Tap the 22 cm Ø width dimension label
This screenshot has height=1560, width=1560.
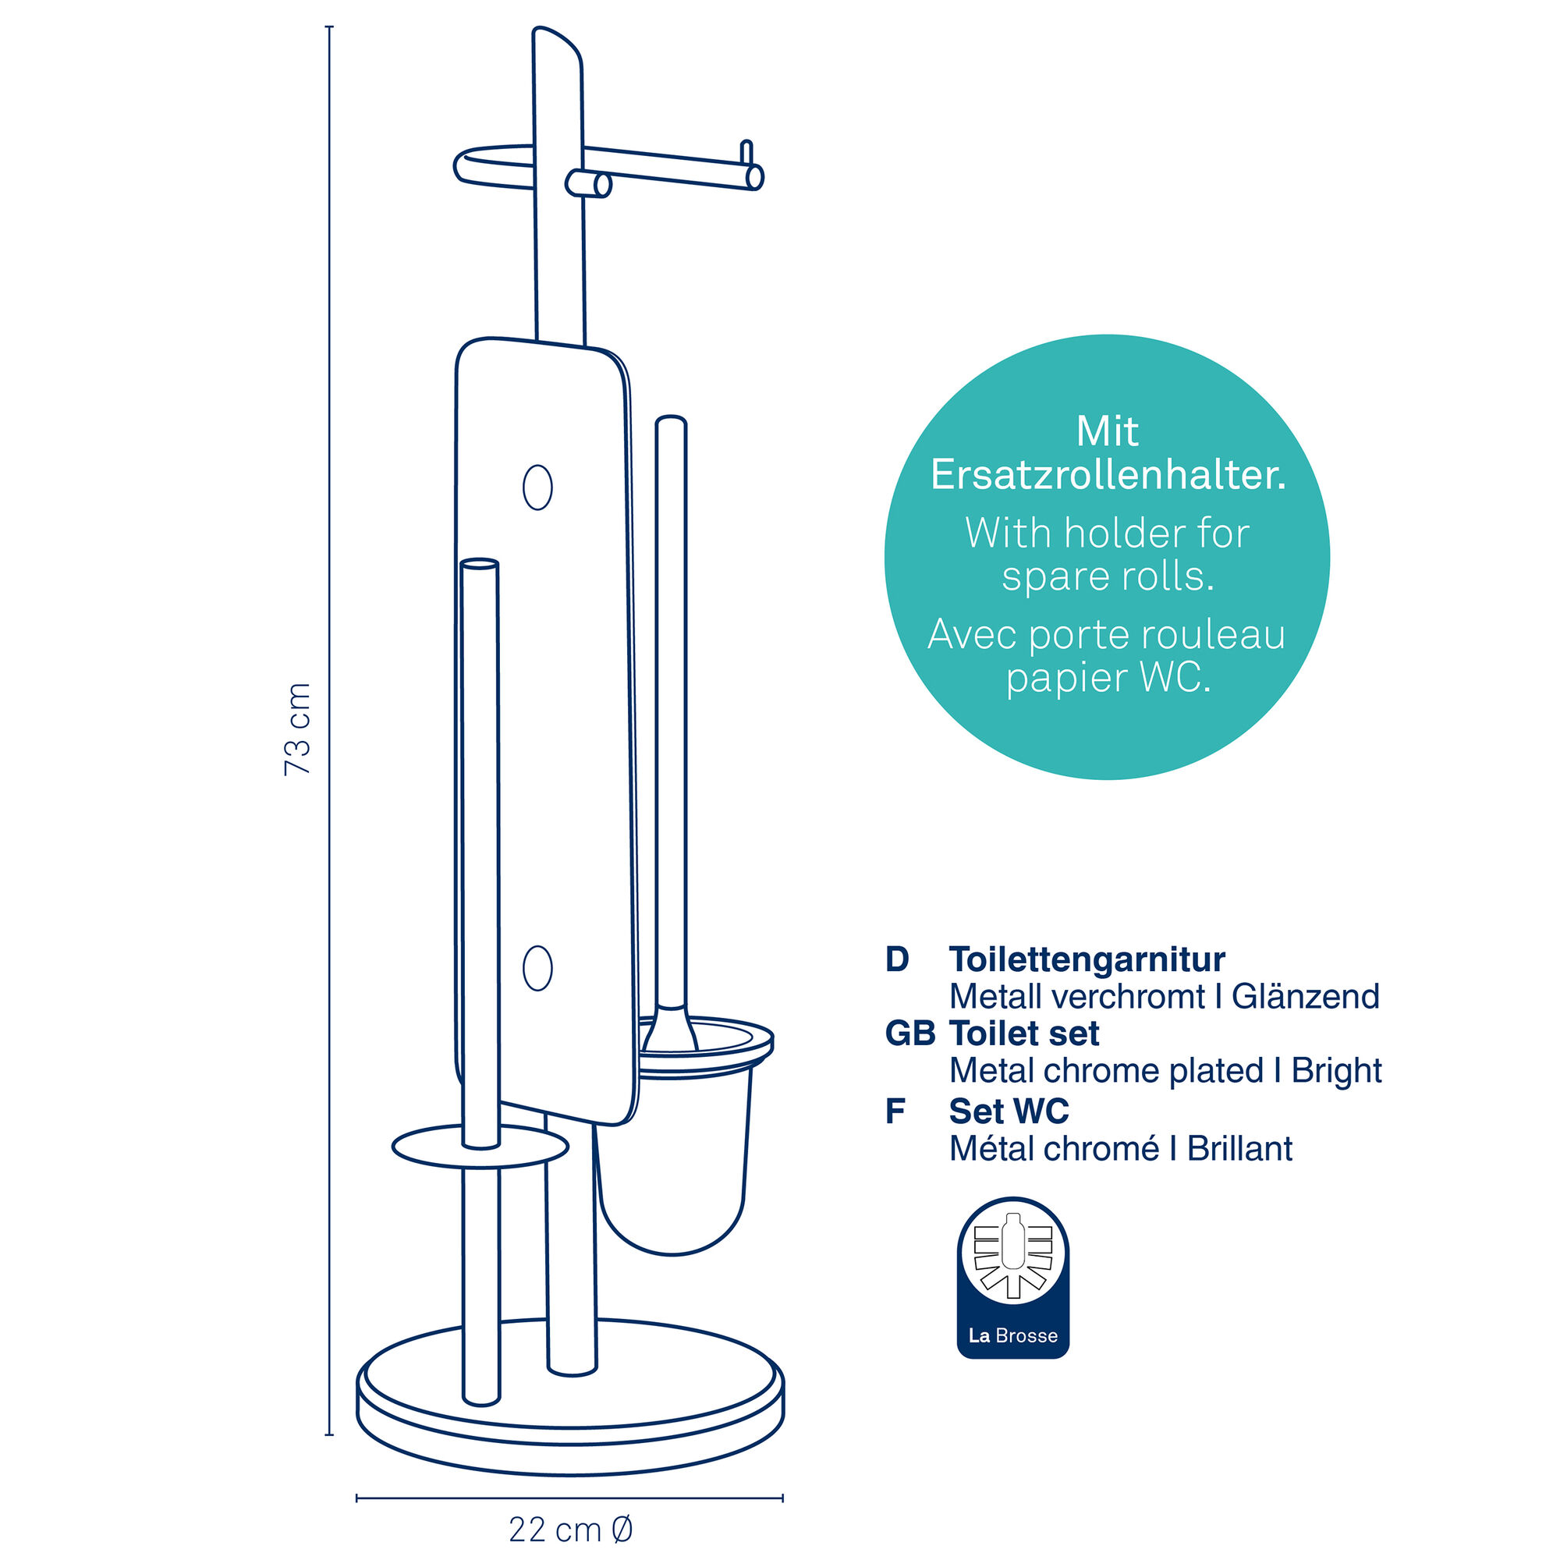571,1530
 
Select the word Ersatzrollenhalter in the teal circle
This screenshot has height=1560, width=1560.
1108,475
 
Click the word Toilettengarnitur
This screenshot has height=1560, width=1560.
1087,959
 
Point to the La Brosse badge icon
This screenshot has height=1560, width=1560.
1012,1278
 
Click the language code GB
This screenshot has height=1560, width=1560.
910,1033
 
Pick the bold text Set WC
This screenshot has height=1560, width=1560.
1009,1111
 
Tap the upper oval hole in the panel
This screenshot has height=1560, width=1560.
537,487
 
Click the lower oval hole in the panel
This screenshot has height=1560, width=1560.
537,968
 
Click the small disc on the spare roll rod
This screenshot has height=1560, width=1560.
480,1147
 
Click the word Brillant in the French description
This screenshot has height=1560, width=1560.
1239,1148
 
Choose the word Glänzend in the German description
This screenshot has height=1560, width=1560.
1306,997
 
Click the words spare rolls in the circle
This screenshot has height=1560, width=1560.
1108,576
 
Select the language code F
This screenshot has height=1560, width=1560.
895,1111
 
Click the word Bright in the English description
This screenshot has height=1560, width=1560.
1336,1072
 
